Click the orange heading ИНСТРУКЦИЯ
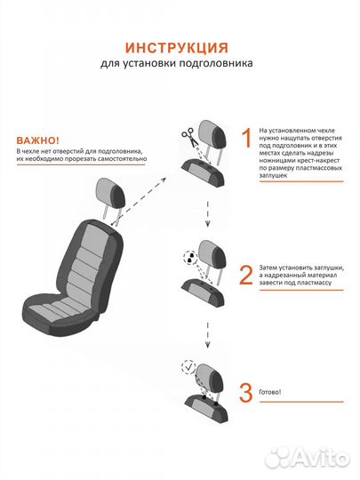click(x=177, y=48)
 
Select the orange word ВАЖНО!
click(x=38, y=140)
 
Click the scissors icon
click(x=188, y=137)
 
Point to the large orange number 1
click(x=247, y=138)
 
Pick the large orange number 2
click(x=246, y=275)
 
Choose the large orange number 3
click(x=246, y=393)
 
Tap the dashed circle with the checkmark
click(x=188, y=367)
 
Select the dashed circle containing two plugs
click(x=190, y=258)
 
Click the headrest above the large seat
click(x=110, y=194)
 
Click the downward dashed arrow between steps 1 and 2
click(x=207, y=213)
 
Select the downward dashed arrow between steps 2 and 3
click(x=207, y=334)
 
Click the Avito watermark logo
click(x=307, y=458)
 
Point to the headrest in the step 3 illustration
click(x=211, y=379)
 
